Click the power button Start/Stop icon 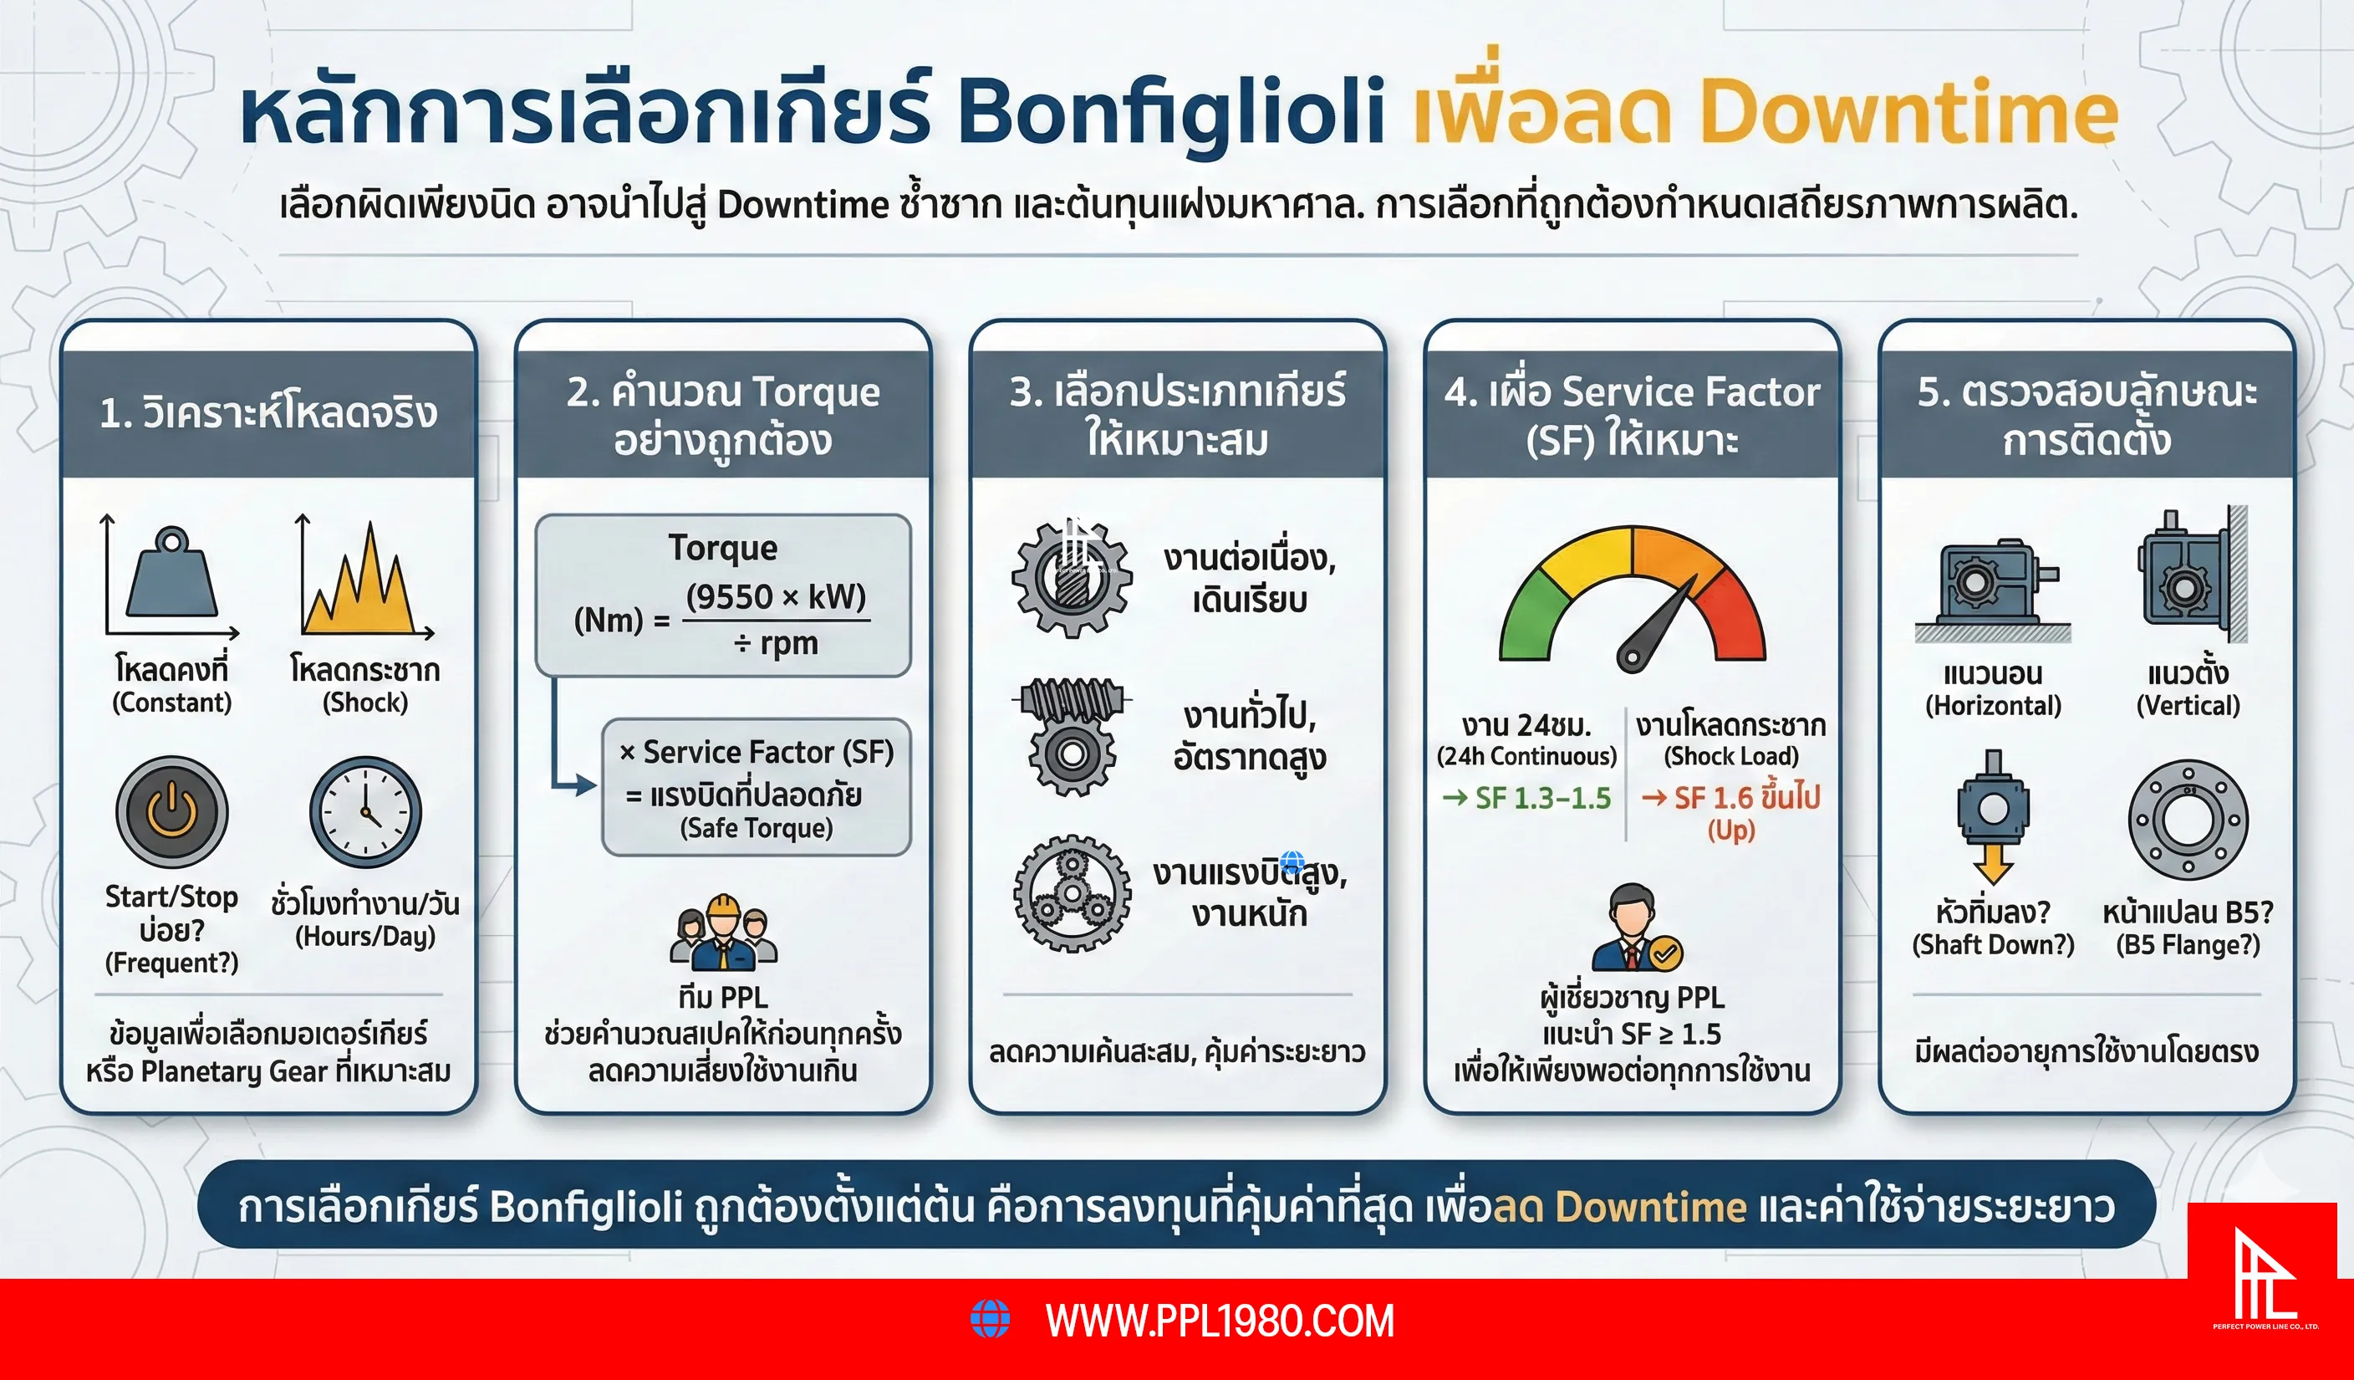172,811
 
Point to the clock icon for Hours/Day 365,811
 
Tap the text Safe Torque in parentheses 756,828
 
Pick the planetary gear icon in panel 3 1073,892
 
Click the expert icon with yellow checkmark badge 1636,930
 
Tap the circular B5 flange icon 2188,820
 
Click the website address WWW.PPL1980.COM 1219,1321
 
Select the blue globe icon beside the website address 991,1318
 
